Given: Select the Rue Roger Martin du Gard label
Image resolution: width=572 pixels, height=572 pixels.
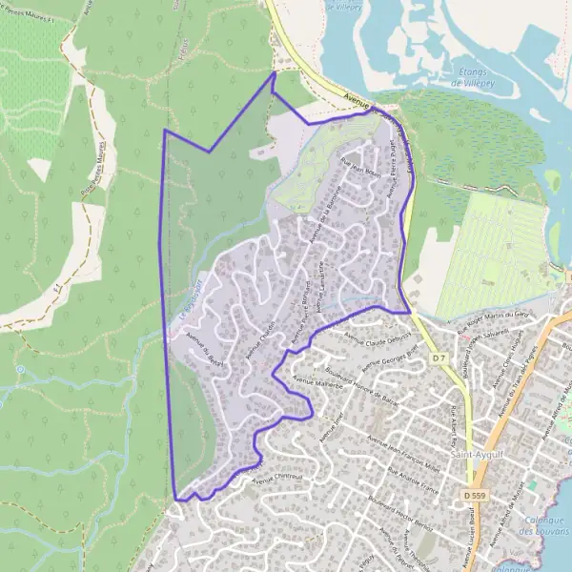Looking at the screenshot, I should pos(493,319).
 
